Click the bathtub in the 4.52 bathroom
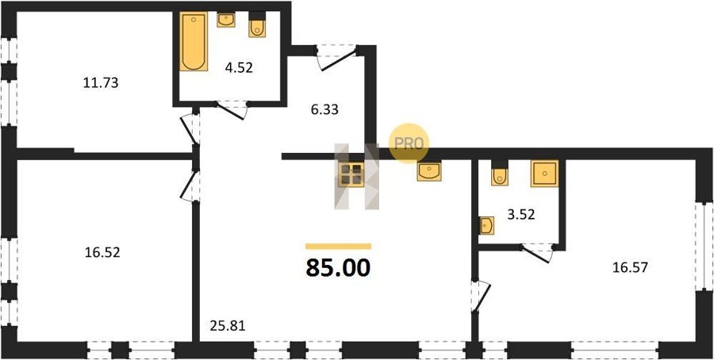tap(194, 41)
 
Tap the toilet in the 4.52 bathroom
tap(257, 25)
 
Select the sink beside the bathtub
tap(226, 20)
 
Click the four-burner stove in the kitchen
tap(352, 174)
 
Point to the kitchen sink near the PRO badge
tap(429, 172)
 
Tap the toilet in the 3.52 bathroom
tap(500, 174)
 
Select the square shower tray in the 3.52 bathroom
tap(544, 174)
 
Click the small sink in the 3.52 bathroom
tap(486, 225)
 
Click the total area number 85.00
tap(338, 268)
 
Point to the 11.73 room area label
tap(101, 82)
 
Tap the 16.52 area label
tap(102, 253)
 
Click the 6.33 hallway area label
tap(324, 109)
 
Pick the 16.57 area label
tap(630, 267)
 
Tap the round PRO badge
tap(409, 143)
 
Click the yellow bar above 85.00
tap(338, 247)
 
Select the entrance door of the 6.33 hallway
tap(336, 57)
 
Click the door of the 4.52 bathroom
tap(232, 109)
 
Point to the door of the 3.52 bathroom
tap(537, 253)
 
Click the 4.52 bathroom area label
tap(239, 68)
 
